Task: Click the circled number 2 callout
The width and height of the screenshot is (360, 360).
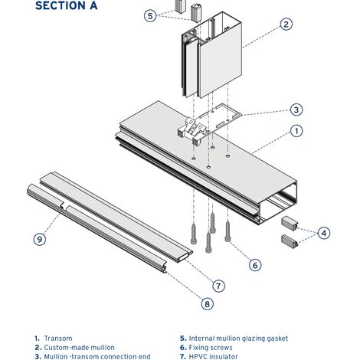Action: pyautogui.click(x=286, y=25)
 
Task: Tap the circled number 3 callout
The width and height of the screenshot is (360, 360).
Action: pyautogui.click(x=296, y=110)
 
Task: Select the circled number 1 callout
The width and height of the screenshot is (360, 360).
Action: pyautogui.click(x=296, y=131)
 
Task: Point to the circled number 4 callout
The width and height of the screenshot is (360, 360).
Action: pyautogui.click(x=324, y=233)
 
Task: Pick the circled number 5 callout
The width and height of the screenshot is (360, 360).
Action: pyautogui.click(x=150, y=15)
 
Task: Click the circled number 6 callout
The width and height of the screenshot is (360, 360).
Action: pyautogui.click(x=255, y=265)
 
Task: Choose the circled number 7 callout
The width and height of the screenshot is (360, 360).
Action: pyautogui.click(x=218, y=286)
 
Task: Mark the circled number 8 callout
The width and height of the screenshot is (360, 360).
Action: pyautogui.click(x=207, y=304)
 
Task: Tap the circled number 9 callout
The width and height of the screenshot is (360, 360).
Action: pyautogui.click(x=40, y=239)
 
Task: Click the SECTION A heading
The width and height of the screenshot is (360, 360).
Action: pyautogui.click(x=67, y=5)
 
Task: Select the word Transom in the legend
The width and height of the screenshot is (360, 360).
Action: pyautogui.click(x=58, y=339)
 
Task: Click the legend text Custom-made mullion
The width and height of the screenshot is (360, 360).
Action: pyautogui.click(x=79, y=348)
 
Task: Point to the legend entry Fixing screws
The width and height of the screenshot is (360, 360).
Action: pyautogui.click(x=211, y=348)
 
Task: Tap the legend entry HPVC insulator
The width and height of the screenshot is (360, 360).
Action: pyautogui.click(x=213, y=356)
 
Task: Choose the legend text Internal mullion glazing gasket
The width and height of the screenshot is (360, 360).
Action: pyautogui.click(x=238, y=339)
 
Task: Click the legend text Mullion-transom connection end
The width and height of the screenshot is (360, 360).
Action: pyautogui.click(x=97, y=356)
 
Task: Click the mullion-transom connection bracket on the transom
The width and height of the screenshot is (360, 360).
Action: pyautogui.click(x=208, y=123)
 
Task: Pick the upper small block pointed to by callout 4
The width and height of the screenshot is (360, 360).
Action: pyautogui.click(x=290, y=223)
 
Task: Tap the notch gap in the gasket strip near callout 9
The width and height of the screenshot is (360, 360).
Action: pyautogui.click(x=64, y=206)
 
